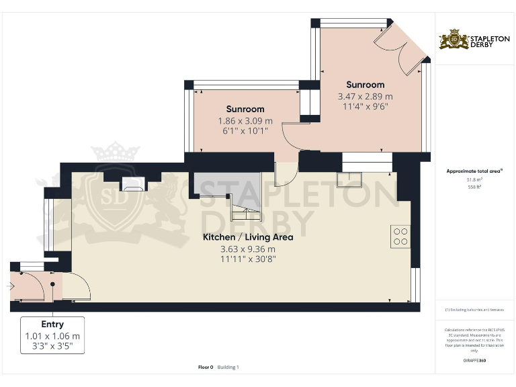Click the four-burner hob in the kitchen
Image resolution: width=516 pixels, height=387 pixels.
click(400, 236)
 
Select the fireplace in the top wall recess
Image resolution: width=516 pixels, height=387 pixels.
click(132, 184)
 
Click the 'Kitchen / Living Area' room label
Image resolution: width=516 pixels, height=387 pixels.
click(248, 237)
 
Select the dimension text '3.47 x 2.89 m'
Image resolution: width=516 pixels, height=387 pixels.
click(365, 96)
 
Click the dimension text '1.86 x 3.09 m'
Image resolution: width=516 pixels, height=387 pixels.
click(245, 121)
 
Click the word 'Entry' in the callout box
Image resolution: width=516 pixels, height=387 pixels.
click(52, 325)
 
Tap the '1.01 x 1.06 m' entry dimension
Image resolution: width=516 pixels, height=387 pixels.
click(52, 336)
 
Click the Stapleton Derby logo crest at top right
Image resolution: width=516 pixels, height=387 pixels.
click(454, 40)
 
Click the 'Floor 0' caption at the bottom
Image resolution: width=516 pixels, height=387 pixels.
click(206, 367)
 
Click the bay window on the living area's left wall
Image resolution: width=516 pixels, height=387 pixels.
click(48, 223)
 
